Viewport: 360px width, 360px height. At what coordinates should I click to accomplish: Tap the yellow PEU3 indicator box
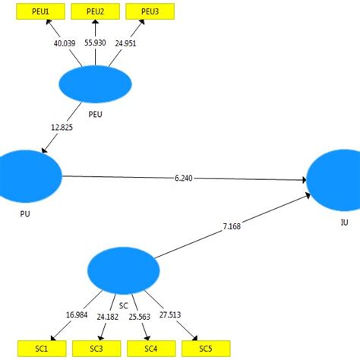150,12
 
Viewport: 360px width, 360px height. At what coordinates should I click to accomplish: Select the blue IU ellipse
334,181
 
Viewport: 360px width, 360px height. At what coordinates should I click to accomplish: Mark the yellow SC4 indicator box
152,349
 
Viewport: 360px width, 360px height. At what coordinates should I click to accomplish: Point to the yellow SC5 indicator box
206,349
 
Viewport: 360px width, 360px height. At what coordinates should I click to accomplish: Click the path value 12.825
62,127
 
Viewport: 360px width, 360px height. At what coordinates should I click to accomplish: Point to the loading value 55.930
96,44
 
